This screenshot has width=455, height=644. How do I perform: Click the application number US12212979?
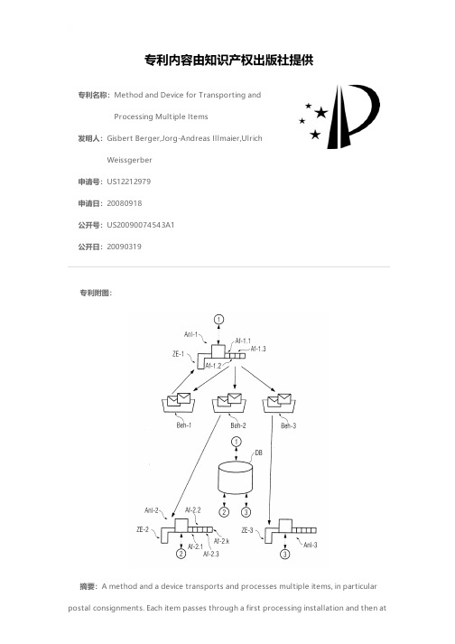(x=128, y=182)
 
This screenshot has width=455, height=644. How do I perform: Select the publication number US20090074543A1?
(x=141, y=225)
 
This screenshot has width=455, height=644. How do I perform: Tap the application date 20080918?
(x=124, y=203)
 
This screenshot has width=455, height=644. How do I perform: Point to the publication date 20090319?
(x=124, y=247)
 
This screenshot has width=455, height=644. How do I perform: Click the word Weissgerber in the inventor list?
(x=129, y=160)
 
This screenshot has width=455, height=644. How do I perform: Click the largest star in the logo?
(x=320, y=112)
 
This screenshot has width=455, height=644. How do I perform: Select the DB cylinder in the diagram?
(x=235, y=477)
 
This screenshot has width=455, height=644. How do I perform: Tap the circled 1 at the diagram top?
(x=219, y=319)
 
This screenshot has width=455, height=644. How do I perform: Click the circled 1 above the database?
(x=237, y=442)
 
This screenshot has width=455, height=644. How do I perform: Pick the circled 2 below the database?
(x=224, y=512)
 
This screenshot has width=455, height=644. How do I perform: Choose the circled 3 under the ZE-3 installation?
(x=285, y=555)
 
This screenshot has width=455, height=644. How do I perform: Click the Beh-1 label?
(x=183, y=425)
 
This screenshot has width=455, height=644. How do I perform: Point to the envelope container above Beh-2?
(x=229, y=403)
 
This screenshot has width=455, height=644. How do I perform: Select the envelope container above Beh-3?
(x=280, y=403)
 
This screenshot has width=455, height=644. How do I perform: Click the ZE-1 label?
(x=178, y=354)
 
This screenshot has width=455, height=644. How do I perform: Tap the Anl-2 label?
(x=152, y=510)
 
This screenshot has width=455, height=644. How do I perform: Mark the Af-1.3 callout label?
(x=258, y=350)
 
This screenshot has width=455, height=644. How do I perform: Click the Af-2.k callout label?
(x=222, y=541)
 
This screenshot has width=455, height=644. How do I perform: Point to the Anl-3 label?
(x=311, y=546)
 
